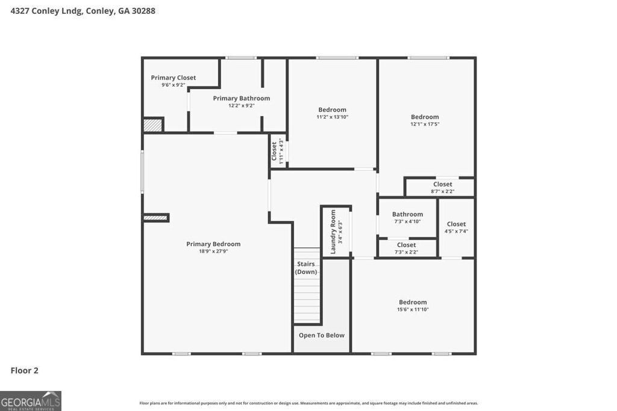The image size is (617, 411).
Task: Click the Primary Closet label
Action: point(173,78)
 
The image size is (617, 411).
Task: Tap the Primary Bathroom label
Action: point(241,98)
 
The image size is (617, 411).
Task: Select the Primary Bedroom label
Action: point(213,244)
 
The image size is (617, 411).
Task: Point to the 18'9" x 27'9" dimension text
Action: point(213,251)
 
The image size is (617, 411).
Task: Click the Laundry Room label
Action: point(333,231)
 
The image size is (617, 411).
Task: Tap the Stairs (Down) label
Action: point(306,268)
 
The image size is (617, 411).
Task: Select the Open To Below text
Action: point(322,335)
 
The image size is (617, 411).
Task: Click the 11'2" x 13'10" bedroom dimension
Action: point(333,117)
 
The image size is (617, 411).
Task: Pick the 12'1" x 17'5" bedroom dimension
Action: point(425,124)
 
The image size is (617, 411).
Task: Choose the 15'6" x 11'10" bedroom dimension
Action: point(413,309)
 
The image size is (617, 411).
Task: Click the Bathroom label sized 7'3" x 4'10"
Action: point(407,214)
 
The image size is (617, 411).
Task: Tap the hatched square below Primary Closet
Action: point(153,125)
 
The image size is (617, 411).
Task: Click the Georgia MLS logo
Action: point(31,401)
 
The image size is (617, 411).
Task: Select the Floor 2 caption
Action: point(25,371)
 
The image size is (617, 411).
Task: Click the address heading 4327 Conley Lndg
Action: point(83,10)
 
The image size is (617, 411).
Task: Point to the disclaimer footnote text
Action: point(308,403)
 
